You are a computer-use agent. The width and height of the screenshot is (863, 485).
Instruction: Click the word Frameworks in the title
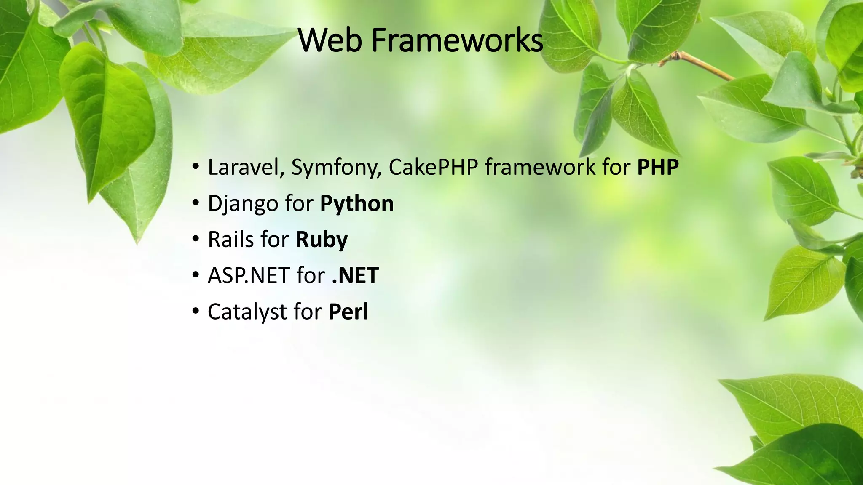[457, 40]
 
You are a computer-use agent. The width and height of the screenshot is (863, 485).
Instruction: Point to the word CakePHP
[433, 167]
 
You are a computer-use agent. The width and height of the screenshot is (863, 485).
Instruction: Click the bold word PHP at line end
[658, 167]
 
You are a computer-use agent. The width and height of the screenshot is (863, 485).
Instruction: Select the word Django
[243, 204]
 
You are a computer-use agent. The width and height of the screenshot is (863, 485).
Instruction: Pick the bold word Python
[357, 204]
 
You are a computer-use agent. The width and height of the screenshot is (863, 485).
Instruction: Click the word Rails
[231, 240]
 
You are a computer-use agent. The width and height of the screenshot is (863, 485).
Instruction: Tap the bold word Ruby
[322, 240]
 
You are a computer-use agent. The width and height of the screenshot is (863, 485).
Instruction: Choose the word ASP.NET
[249, 276]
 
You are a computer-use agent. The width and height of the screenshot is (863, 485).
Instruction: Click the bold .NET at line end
[355, 276]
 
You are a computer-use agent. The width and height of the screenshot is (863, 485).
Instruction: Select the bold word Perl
[348, 312]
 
